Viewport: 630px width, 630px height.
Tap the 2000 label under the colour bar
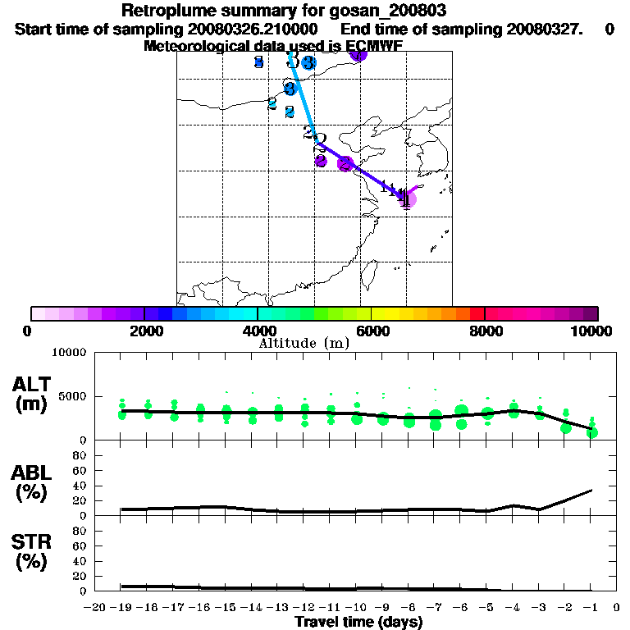click(x=144, y=331)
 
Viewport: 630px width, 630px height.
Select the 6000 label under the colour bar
click(x=371, y=331)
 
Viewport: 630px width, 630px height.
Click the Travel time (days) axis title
click(x=358, y=622)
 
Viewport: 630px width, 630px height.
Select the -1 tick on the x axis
click(x=591, y=608)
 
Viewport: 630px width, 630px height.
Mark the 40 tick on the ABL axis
click(x=80, y=486)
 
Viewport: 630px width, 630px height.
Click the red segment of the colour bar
click(x=477, y=313)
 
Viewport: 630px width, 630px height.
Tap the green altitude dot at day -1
click(x=592, y=432)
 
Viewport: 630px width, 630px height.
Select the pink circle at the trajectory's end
click(x=408, y=198)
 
